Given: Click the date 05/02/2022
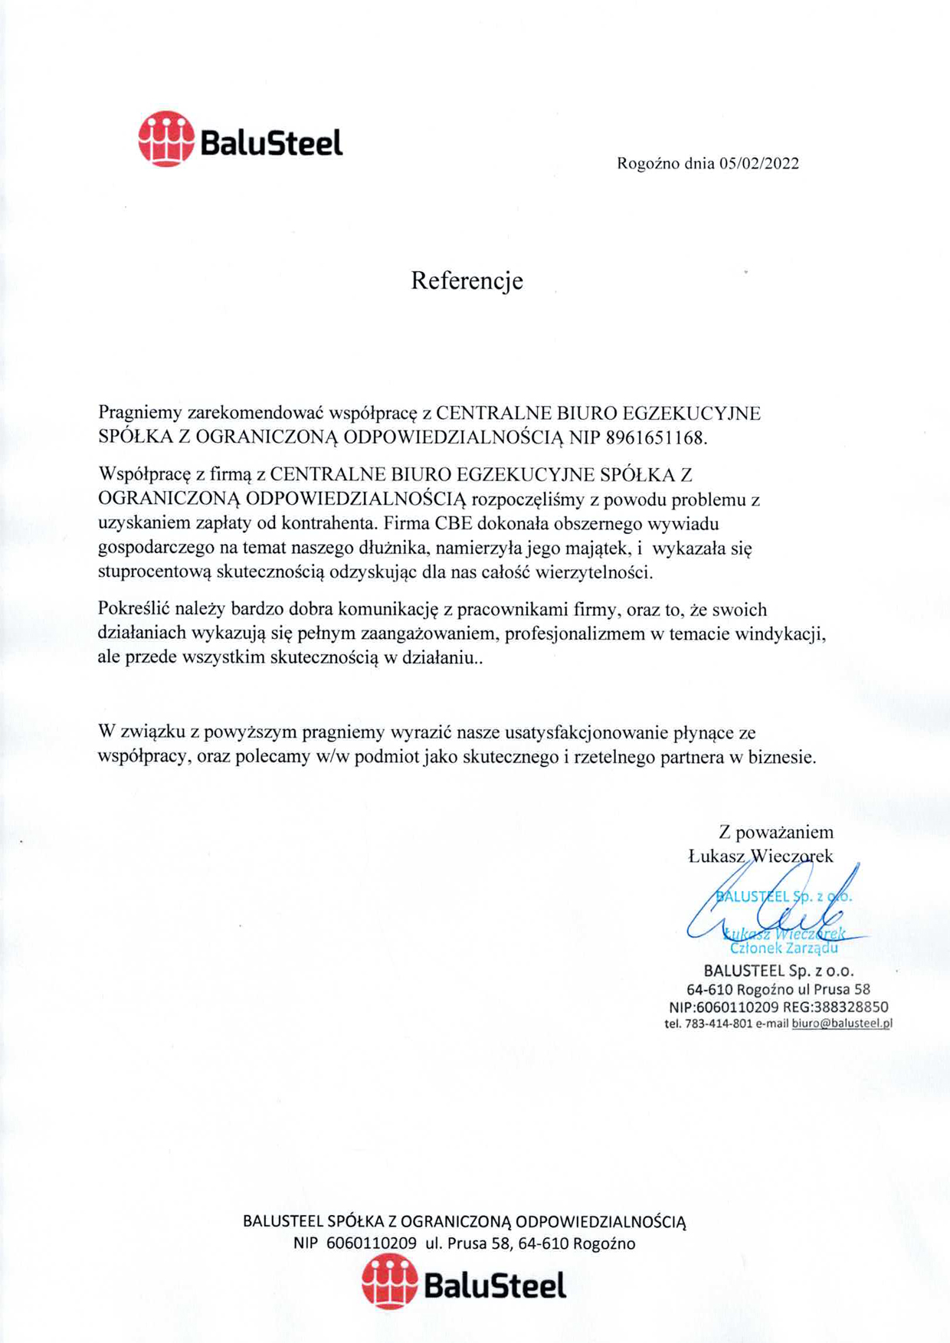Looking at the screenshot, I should [758, 163].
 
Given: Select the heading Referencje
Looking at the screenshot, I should [467, 280].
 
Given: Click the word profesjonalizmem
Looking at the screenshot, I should [575, 634].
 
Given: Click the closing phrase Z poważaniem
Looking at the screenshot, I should [776, 832].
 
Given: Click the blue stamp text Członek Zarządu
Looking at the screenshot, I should [784, 948].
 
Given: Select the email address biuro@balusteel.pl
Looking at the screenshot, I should [842, 1024].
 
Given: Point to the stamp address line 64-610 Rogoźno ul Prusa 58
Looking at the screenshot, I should [778, 989].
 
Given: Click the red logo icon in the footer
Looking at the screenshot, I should [389, 1281].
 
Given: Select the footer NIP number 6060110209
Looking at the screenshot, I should [372, 1243].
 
